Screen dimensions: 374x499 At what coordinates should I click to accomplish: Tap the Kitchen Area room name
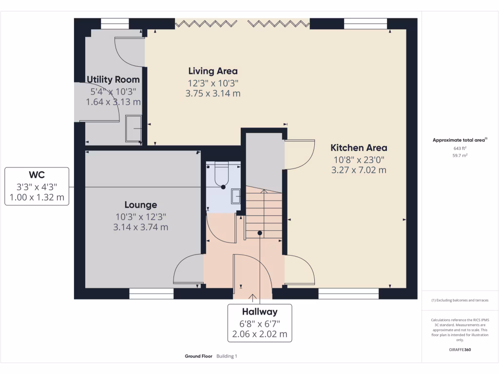(359, 148)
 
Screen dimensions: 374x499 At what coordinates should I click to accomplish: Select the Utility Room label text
(113, 79)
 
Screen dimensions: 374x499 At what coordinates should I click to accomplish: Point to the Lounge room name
(140, 205)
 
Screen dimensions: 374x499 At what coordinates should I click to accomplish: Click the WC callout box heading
(37, 175)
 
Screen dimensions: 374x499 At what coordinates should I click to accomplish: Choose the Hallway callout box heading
(260, 312)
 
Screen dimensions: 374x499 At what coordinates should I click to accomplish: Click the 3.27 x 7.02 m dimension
(359, 170)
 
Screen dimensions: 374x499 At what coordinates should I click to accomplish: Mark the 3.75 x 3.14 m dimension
(213, 93)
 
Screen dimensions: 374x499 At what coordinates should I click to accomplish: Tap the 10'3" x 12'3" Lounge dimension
(140, 216)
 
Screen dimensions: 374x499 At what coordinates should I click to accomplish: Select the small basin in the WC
(236, 196)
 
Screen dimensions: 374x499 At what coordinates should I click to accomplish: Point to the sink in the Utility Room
(133, 128)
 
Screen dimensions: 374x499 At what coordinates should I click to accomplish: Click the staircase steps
(263, 214)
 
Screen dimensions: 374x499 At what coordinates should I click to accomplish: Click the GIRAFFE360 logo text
(460, 349)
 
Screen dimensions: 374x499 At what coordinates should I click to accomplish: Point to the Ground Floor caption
(198, 356)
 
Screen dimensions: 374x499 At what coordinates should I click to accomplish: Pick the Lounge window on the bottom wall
(151, 293)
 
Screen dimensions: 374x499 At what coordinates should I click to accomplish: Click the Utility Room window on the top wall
(115, 23)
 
